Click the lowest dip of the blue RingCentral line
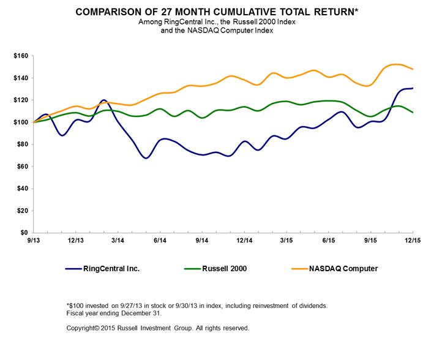point(146,158)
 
